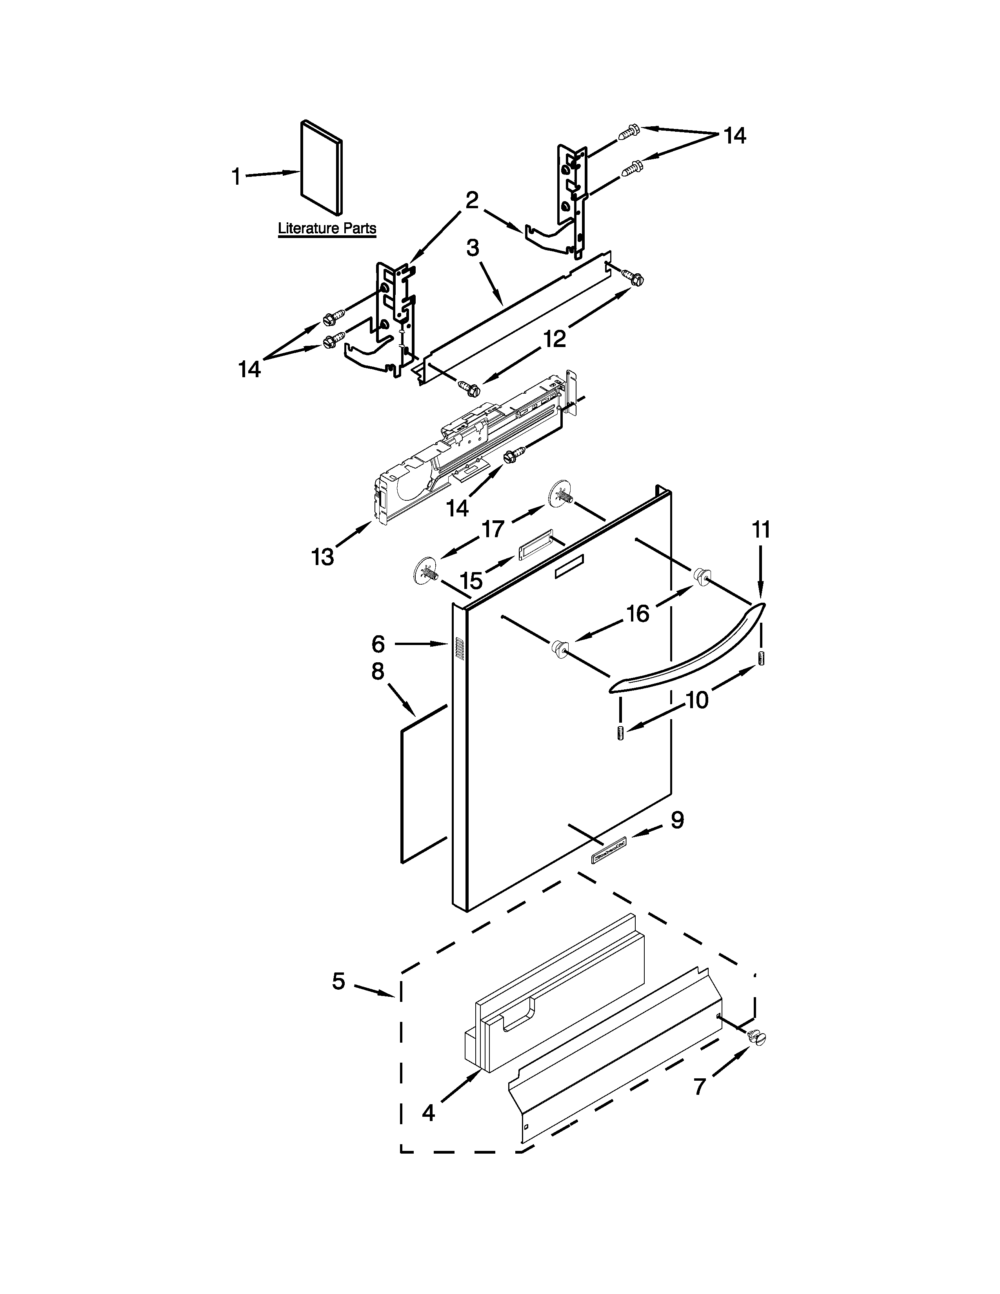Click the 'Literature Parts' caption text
coord(327,228)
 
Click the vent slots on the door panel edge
coord(458,649)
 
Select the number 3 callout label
coord(472,248)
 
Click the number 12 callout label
coord(555,338)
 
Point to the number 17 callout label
coord(493,529)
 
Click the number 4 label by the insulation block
coord(428,1113)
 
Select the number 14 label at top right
coord(735,136)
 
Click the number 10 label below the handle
coord(697,700)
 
